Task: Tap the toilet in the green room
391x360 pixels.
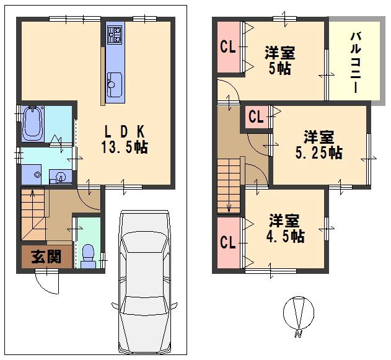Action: [x=87, y=253]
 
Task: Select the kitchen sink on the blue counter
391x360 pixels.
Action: [x=115, y=82]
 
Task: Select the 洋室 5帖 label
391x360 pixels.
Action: [x=279, y=61]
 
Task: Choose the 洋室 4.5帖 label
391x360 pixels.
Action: [x=286, y=228]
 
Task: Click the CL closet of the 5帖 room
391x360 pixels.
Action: [x=227, y=47]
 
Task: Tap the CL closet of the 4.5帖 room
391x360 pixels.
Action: [x=227, y=242]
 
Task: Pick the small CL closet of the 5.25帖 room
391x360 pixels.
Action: [x=255, y=116]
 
